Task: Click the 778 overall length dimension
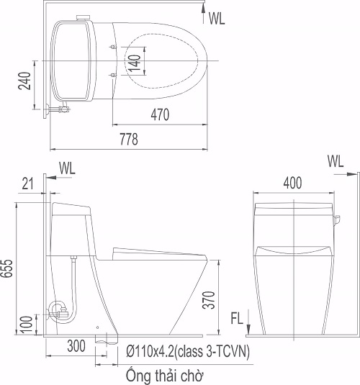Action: pyautogui.click(x=129, y=139)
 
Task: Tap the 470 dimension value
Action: pyautogui.click(x=160, y=114)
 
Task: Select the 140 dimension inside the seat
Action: pyautogui.click(x=135, y=63)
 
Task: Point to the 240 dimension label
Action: pyautogui.click(x=24, y=81)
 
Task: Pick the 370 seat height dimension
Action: pyautogui.click(x=209, y=300)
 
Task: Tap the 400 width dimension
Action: pyautogui.click(x=292, y=183)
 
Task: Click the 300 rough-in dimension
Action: pyautogui.click(x=76, y=345)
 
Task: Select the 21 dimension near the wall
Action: pyautogui.click(x=27, y=184)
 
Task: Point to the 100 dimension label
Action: pyautogui.click(x=27, y=325)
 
